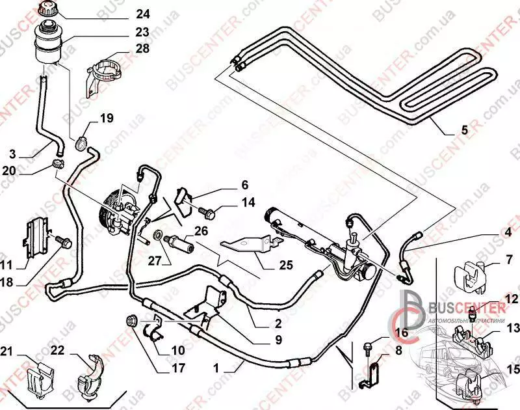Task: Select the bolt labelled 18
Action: click(61, 241)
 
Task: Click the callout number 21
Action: click(7, 352)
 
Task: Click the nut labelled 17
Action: click(130, 320)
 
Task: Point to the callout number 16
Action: click(400, 333)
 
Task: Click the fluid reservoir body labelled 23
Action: click(49, 42)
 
